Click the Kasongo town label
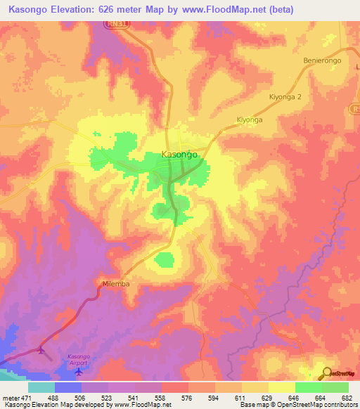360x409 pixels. click(x=179, y=153)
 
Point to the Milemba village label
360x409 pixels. click(x=114, y=284)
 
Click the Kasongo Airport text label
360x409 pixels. click(x=78, y=358)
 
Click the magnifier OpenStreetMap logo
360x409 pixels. click(x=327, y=373)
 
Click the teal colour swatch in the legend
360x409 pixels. click(x=41, y=387)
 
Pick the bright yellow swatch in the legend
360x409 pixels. click(x=282, y=387)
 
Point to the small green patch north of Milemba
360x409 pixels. click(x=165, y=260)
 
